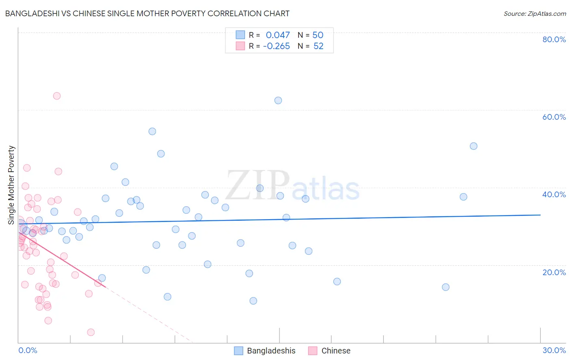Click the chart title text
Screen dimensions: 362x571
pyautogui.click(x=147, y=13)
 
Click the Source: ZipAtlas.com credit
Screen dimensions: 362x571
pyautogui.click(x=534, y=13)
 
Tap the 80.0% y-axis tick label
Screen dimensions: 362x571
pyautogui.click(x=554, y=39)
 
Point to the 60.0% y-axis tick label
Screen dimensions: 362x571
pyautogui.click(x=554, y=117)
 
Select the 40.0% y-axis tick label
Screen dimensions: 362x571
pyautogui.click(x=554, y=194)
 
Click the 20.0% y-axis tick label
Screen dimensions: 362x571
pyautogui.click(x=554, y=272)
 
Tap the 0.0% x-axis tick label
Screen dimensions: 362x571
pyautogui.click(x=28, y=350)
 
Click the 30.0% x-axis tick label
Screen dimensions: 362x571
pyautogui.click(x=554, y=350)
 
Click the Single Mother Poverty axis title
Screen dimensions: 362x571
pyautogui.click(x=11, y=185)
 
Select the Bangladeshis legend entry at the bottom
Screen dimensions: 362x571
pyautogui.click(x=271, y=351)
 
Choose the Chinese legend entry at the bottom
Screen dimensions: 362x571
pyautogui.click(x=335, y=351)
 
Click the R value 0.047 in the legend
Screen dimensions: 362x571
pyautogui.click(x=278, y=35)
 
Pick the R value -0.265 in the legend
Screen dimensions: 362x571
pyautogui.click(x=277, y=46)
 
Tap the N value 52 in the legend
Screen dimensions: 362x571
pyautogui.click(x=318, y=46)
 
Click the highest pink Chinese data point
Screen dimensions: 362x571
pyautogui.click(x=57, y=96)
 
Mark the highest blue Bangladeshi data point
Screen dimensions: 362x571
pyautogui.click(x=278, y=100)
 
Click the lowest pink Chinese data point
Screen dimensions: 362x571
pyautogui.click(x=91, y=332)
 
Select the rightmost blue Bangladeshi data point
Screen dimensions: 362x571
pyautogui.click(x=474, y=146)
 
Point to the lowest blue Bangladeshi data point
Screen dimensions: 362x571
pyautogui.click(x=253, y=301)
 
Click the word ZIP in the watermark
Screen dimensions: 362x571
pyautogui.click(x=257, y=185)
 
